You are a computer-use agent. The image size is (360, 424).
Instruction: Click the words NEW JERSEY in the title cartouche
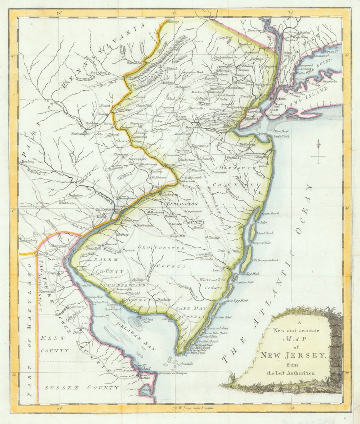point(293,355)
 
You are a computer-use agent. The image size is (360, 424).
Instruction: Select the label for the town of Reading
point(27,162)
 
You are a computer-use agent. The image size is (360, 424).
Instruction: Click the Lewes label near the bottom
point(146,379)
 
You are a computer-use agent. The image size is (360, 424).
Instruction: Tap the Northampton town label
point(81,134)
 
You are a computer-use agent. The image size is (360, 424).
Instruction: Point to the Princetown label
point(181,150)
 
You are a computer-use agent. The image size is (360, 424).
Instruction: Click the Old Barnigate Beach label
point(265,260)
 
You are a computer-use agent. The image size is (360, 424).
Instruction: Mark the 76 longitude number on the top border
point(59,13)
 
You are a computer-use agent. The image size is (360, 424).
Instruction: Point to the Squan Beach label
point(270,214)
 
